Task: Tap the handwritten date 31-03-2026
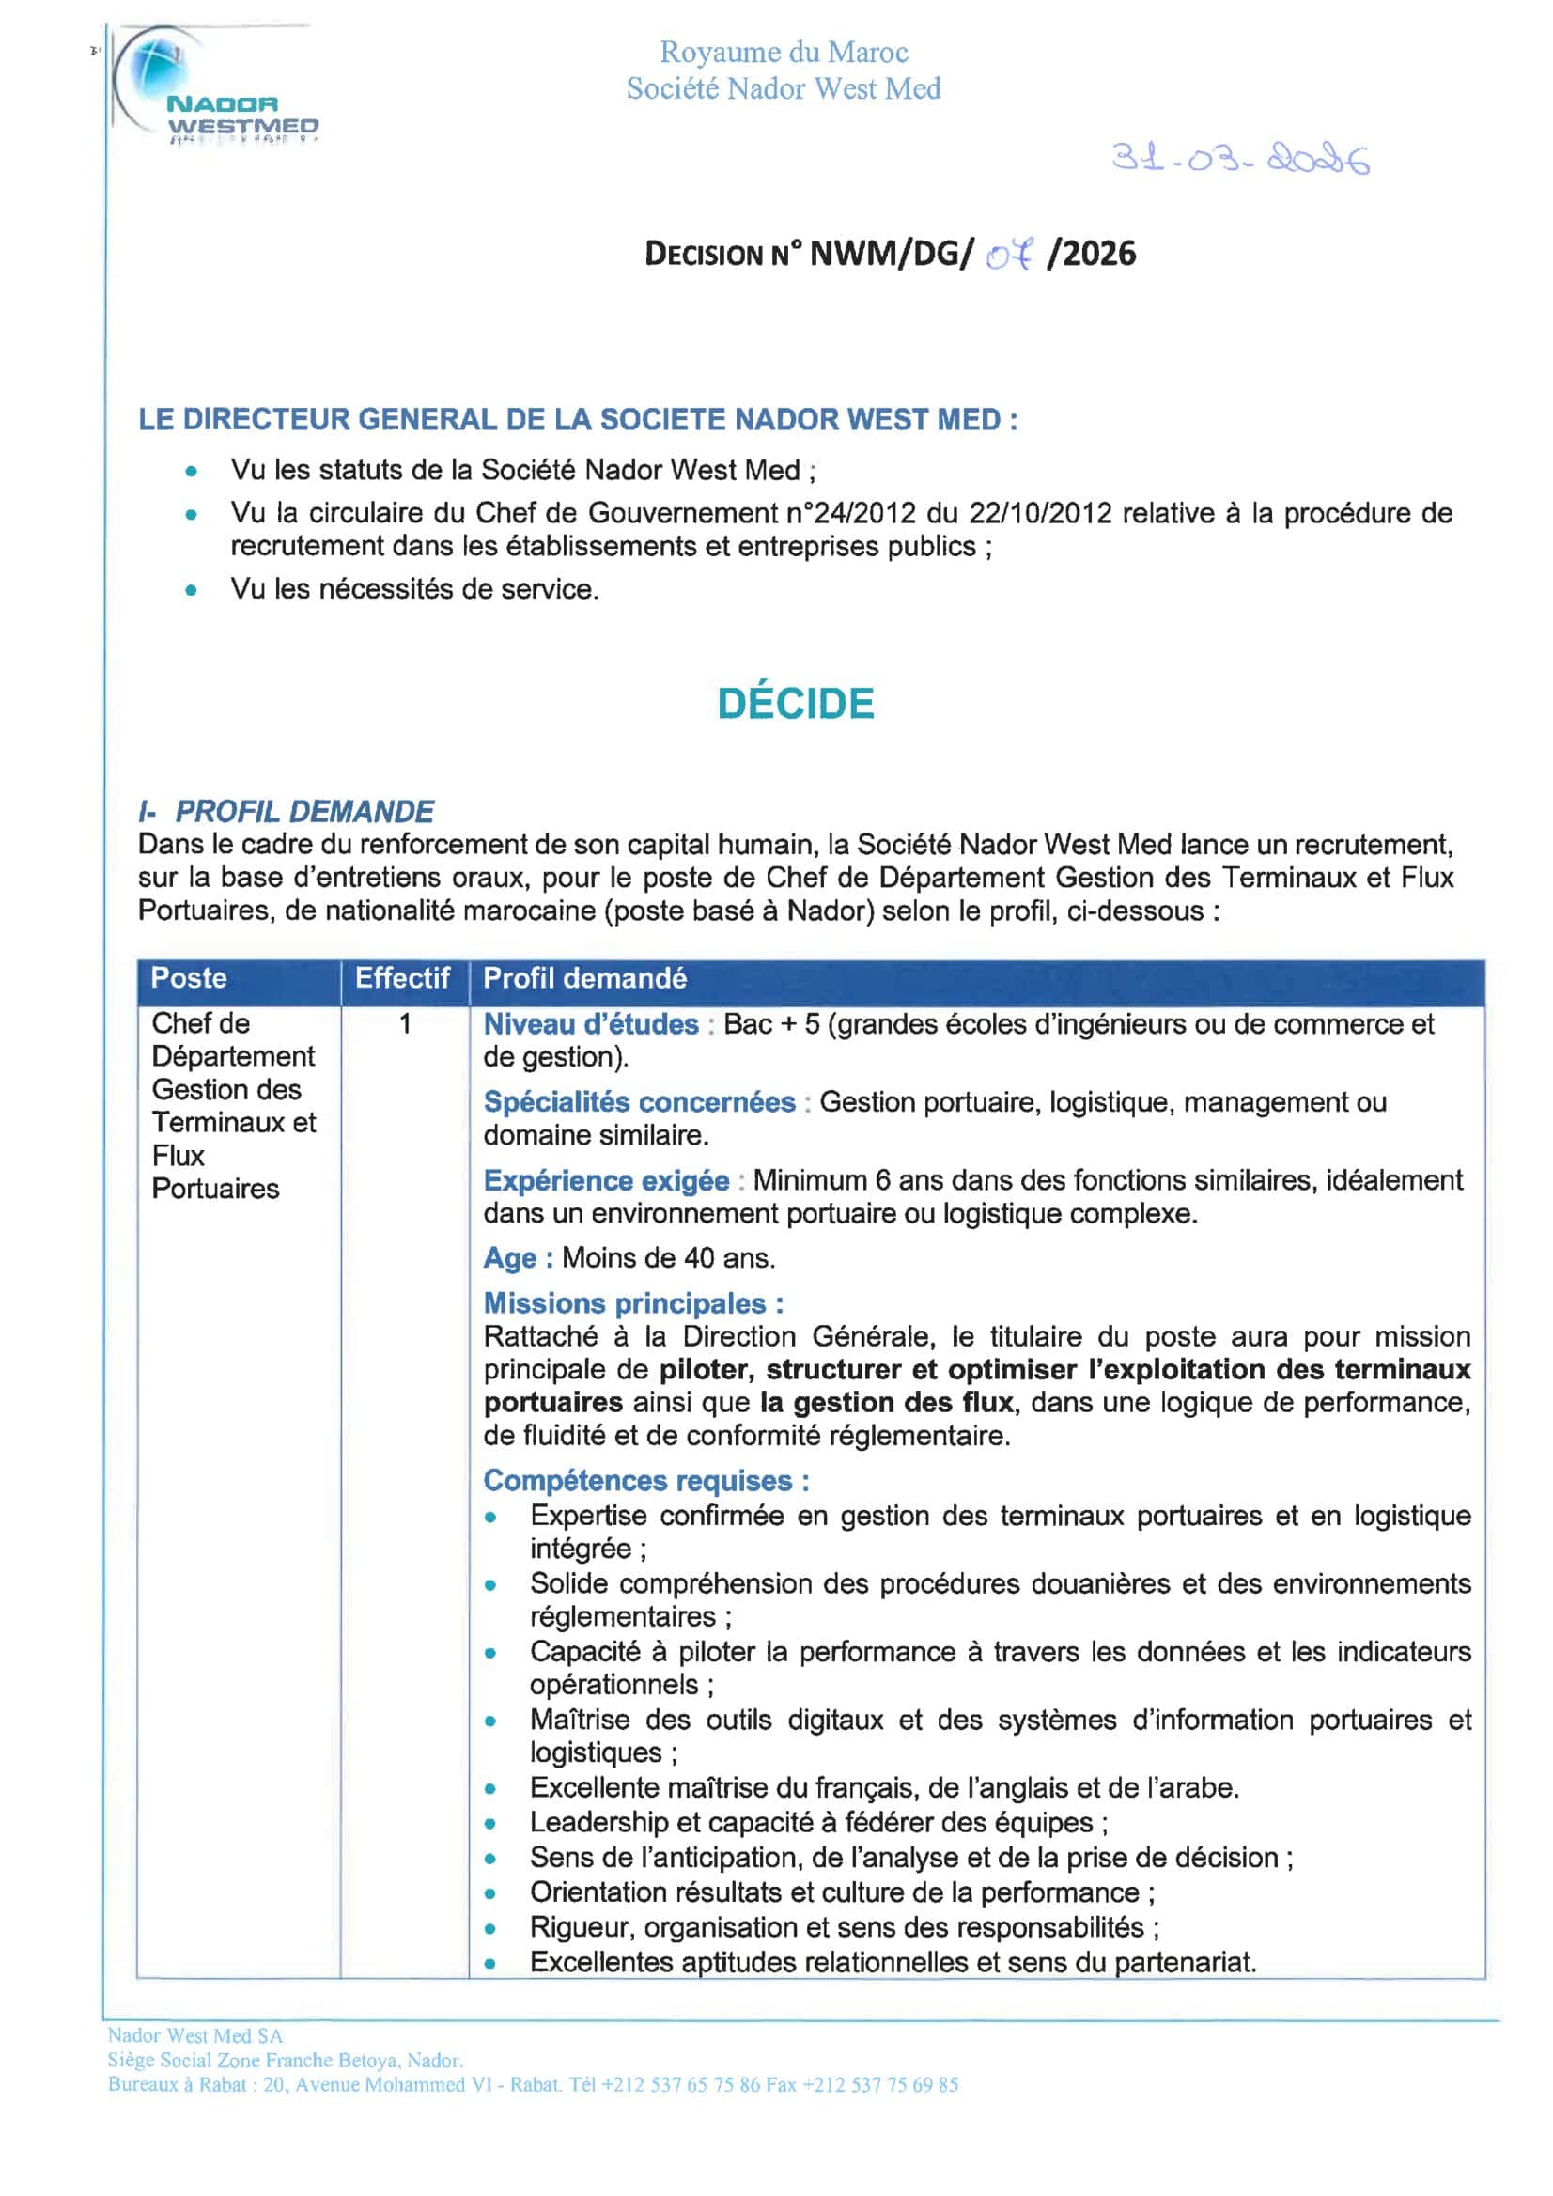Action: [x=1239, y=158]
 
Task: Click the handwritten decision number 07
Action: [x=1010, y=256]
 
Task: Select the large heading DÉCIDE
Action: [x=796, y=704]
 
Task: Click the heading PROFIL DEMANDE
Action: [x=303, y=812]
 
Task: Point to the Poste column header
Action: [x=190, y=978]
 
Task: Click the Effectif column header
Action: [x=403, y=978]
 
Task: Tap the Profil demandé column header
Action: [x=584, y=978]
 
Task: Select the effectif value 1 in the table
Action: [x=406, y=1024]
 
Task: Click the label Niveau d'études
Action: [x=591, y=1024]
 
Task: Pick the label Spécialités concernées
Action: [x=639, y=1102]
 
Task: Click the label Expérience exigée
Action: [x=605, y=1180]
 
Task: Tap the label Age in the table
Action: [x=510, y=1257]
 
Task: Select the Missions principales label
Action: [x=632, y=1302]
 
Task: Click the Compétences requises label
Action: [x=645, y=1481]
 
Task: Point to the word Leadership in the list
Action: [x=598, y=1823]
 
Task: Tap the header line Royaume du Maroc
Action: [x=784, y=52]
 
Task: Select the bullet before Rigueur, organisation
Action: [x=490, y=1928]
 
